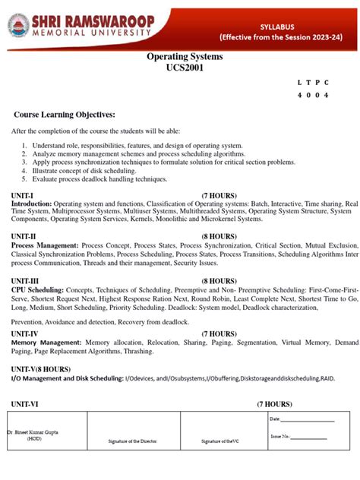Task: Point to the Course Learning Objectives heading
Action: pyautogui.click(x=65, y=114)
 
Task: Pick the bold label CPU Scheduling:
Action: pyautogui.click(x=38, y=290)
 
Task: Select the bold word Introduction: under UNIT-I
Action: pyautogui.click(x=31, y=204)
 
